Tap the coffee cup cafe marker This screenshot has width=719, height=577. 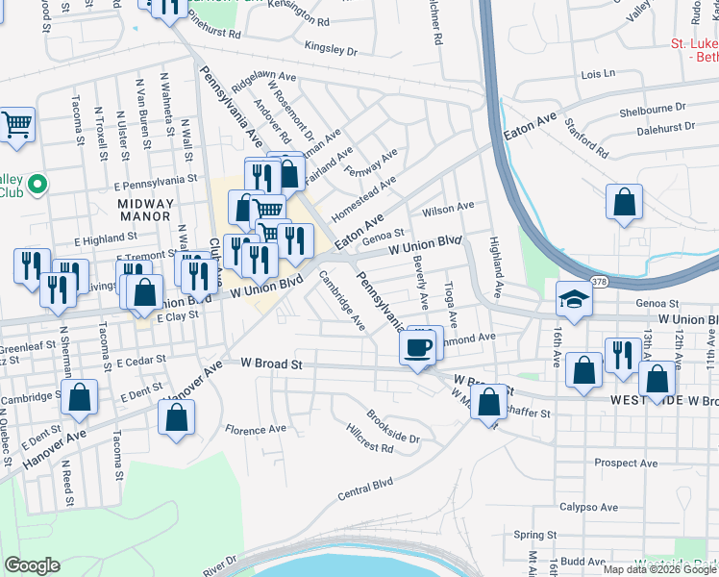417,347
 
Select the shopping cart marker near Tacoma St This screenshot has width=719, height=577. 16,123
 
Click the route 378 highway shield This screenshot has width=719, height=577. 601,281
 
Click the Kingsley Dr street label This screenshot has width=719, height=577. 330,48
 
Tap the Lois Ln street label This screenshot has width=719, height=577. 597,73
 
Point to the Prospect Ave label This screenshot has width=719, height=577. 625,463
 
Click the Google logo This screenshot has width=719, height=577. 32,564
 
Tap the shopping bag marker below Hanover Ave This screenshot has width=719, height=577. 176,416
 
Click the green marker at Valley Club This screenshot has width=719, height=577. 37,183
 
